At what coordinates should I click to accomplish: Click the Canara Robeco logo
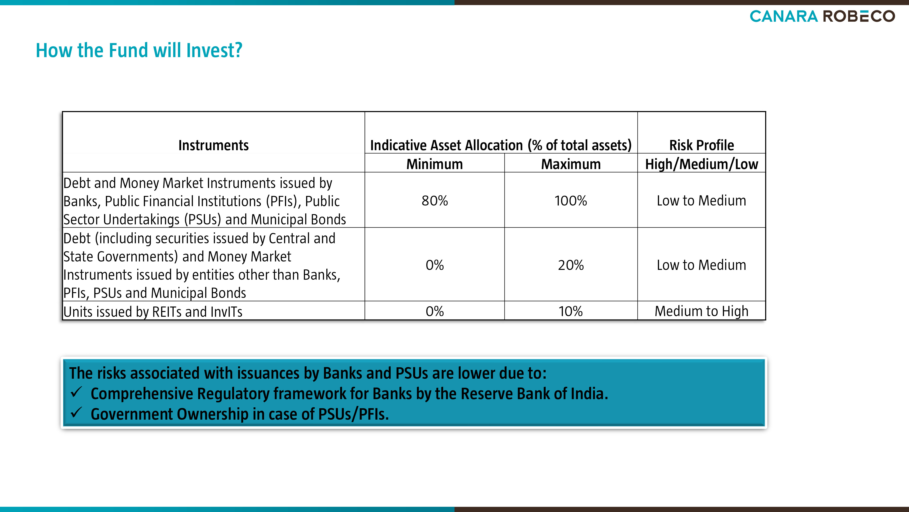point(822,16)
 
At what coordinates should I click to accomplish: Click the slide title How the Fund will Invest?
point(139,50)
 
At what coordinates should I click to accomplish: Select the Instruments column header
point(213,145)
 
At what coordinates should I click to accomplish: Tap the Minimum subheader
point(434,164)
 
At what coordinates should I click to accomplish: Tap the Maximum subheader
point(571,164)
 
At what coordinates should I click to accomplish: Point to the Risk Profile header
point(702,145)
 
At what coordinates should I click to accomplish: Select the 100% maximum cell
point(571,201)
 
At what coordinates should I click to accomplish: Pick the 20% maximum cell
point(571,265)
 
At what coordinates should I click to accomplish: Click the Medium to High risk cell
point(702,311)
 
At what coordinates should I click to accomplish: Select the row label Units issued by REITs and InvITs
point(153,312)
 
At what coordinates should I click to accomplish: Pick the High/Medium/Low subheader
point(702,164)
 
